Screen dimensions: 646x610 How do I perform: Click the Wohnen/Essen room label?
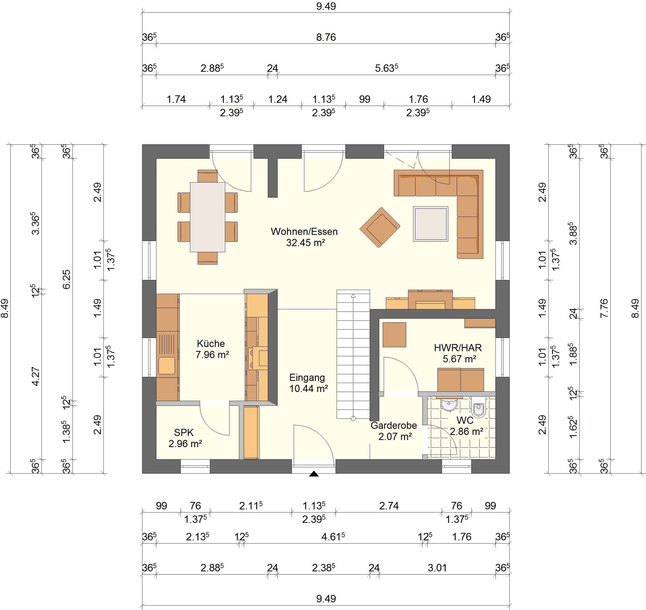point(304,231)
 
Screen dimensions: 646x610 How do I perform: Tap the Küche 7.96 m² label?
point(212,349)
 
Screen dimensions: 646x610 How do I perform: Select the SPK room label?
point(184,433)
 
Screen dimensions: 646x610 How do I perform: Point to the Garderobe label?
point(394,425)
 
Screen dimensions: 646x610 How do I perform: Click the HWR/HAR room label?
point(458,348)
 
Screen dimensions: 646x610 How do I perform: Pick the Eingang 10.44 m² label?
point(308,383)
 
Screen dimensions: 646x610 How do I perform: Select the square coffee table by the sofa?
point(431,224)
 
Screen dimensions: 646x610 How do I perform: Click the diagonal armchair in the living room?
point(380,227)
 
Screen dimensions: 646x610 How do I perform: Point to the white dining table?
point(208,217)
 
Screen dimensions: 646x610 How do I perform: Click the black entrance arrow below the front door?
point(314,474)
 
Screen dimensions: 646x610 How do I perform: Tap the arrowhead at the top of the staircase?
point(353,296)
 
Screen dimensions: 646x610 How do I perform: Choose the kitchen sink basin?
point(167,366)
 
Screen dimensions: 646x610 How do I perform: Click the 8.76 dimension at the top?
point(326,37)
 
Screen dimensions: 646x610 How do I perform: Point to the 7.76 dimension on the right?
point(604,308)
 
